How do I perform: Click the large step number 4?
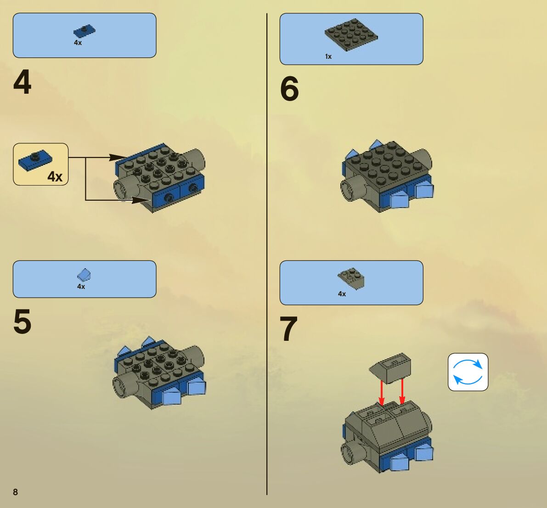coord(23,82)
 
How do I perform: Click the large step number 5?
coord(23,322)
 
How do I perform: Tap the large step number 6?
coord(289,89)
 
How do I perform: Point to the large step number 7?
coord(288,328)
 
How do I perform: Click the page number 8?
coord(15,492)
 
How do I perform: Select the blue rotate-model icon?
coord(468,372)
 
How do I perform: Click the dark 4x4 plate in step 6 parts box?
coord(351,34)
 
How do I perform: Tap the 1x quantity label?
coord(328,56)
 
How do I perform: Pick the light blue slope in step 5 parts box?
coord(84,275)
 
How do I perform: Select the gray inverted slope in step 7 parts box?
coord(351,278)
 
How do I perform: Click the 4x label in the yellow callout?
coord(55,176)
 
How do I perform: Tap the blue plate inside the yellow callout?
coord(35,160)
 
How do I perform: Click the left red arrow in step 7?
coord(382,393)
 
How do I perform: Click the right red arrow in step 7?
coord(402,391)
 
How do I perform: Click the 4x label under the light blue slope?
coord(81,287)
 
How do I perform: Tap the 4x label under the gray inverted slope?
coord(342,294)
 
